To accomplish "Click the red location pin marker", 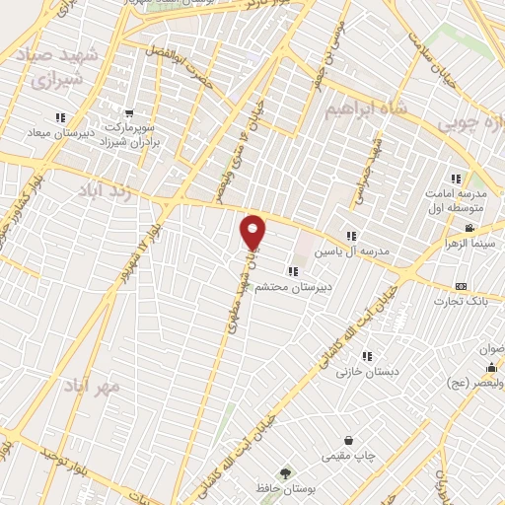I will click(x=253, y=231).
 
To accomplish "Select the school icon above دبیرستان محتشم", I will click(x=292, y=271).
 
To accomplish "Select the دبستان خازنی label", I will click(x=356, y=372).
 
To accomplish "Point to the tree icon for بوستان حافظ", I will click(x=285, y=472).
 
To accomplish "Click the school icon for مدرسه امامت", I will click(x=456, y=180).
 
